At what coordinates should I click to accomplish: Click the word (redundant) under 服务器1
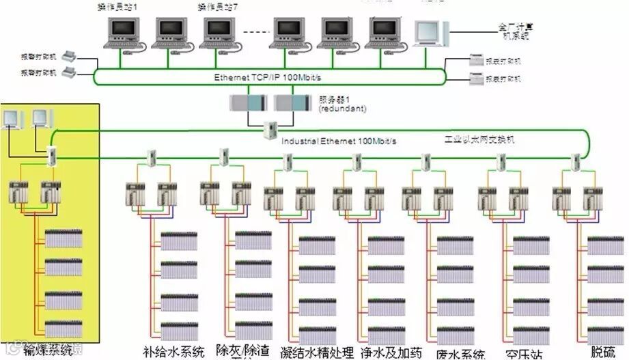[x=342, y=109]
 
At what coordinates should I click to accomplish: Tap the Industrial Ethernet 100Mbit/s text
[x=339, y=141]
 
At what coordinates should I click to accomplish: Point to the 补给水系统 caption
[x=173, y=352]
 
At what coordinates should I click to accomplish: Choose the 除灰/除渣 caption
[x=242, y=350]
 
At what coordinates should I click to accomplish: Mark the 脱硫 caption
[x=603, y=352]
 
